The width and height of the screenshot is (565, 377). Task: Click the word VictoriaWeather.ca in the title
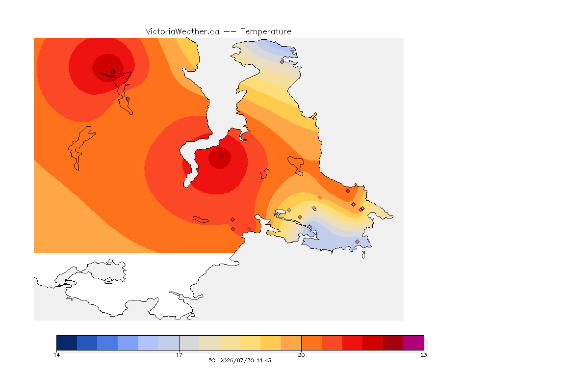pos(182,32)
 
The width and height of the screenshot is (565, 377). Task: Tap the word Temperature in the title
pos(266,32)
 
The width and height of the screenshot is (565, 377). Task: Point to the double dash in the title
pos(230,32)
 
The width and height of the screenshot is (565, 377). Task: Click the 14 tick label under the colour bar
pos(56,355)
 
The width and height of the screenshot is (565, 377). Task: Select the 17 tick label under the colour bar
pos(179,355)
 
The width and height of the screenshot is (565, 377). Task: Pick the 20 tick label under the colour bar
pos(301,355)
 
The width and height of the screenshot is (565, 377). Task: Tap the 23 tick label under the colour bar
pos(424,355)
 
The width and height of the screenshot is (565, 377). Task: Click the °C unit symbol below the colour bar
pos(212,360)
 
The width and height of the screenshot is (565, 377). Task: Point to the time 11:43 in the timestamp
pos(264,360)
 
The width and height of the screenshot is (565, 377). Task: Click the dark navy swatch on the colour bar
pos(67,343)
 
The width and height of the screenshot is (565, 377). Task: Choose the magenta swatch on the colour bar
pos(413,343)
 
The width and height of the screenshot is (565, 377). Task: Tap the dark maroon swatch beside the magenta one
pos(393,343)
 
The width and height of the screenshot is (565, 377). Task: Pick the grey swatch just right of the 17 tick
pos(189,343)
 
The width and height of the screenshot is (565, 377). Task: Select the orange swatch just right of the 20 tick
pos(312,343)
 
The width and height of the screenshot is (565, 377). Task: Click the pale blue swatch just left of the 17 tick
pos(169,343)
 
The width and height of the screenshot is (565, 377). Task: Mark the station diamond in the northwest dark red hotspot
pos(113,72)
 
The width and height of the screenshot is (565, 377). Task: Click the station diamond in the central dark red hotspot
pos(222,156)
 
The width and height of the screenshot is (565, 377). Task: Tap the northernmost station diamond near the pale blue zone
pos(282,62)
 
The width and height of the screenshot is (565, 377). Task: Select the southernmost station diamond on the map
pos(357,242)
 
